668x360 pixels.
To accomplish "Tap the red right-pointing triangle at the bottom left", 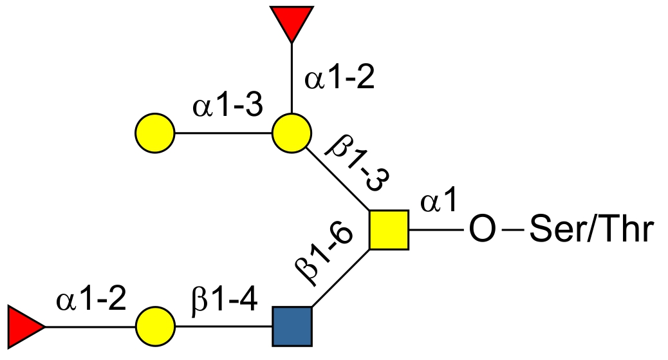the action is tap(23, 327).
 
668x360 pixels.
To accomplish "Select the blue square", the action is tap(292, 327).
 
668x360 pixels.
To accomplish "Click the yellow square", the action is tap(389, 230).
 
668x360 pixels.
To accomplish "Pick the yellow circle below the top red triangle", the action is tap(292, 133).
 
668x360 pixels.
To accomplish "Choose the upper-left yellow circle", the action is tap(155, 133).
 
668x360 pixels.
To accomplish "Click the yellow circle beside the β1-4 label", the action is tap(155, 327).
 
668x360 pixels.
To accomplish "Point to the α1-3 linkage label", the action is tap(228, 106).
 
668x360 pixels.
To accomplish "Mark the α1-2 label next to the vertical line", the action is tap(339, 78).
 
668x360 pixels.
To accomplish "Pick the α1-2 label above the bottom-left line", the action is tap(91, 299).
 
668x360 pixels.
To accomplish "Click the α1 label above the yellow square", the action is tap(439, 200).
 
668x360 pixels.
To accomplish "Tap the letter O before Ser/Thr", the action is tap(483, 229).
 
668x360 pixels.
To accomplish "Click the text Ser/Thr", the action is tap(591, 229).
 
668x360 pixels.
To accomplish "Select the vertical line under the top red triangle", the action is tap(292, 78).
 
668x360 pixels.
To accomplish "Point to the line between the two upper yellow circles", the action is tap(224, 133).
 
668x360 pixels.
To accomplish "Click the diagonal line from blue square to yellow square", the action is tap(341, 278).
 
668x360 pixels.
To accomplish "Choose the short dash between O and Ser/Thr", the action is tap(513, 230).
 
